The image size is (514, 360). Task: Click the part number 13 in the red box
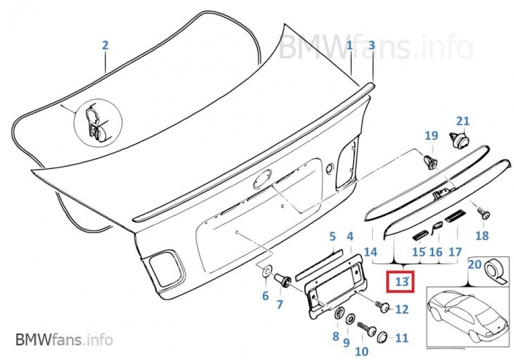pyautogui.click(x=402, y=281)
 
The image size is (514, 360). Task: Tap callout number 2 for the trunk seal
pyautogui.click(x=105, y=45)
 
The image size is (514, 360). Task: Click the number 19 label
pyautogui.click(x=431, y=135)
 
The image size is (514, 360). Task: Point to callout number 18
pyautogui.click(x=482, y=236)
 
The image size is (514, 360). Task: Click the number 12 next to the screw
pyautogui.click(x=402, y=309)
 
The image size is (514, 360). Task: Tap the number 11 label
pyautogui.click(x=401, y=339)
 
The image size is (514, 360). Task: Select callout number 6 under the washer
pyautogui.click(x=265, y=296)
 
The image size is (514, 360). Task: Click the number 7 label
pyautogui.click(x=279, y=303)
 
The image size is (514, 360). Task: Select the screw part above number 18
pyautogui.click(x=483, y=214)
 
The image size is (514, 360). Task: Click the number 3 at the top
pyautogui.click(x=372, y=45)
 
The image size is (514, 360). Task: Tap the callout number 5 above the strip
pyautogui.click(x=332, y=236)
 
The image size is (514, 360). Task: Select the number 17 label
pyautogui.click(x=455, y=252)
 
